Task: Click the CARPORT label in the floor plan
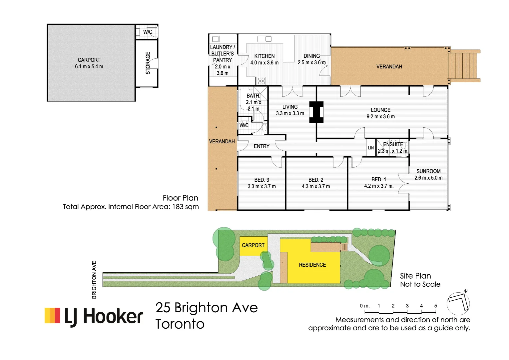(89, 60)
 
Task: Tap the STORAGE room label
(148, 63)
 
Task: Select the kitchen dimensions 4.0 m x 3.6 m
(264, 63)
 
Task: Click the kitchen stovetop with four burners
(261, 81)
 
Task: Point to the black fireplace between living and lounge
(316, 112)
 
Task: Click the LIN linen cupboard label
(371, 148)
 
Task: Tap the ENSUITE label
(393, 144)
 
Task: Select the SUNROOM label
(428, 171)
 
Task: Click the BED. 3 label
(261, 180)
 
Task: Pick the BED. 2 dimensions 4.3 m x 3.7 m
(316, 186)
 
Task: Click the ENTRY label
(261, 146)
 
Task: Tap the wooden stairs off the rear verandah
(463, 66)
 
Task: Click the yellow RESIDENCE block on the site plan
(312, 265)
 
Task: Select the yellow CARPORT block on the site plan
(253, 245)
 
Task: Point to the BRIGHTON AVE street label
(94, 280)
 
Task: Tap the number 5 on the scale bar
(435, 306)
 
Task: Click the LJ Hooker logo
(94, 316)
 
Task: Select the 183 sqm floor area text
(185, 207)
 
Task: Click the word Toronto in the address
(180, 324)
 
